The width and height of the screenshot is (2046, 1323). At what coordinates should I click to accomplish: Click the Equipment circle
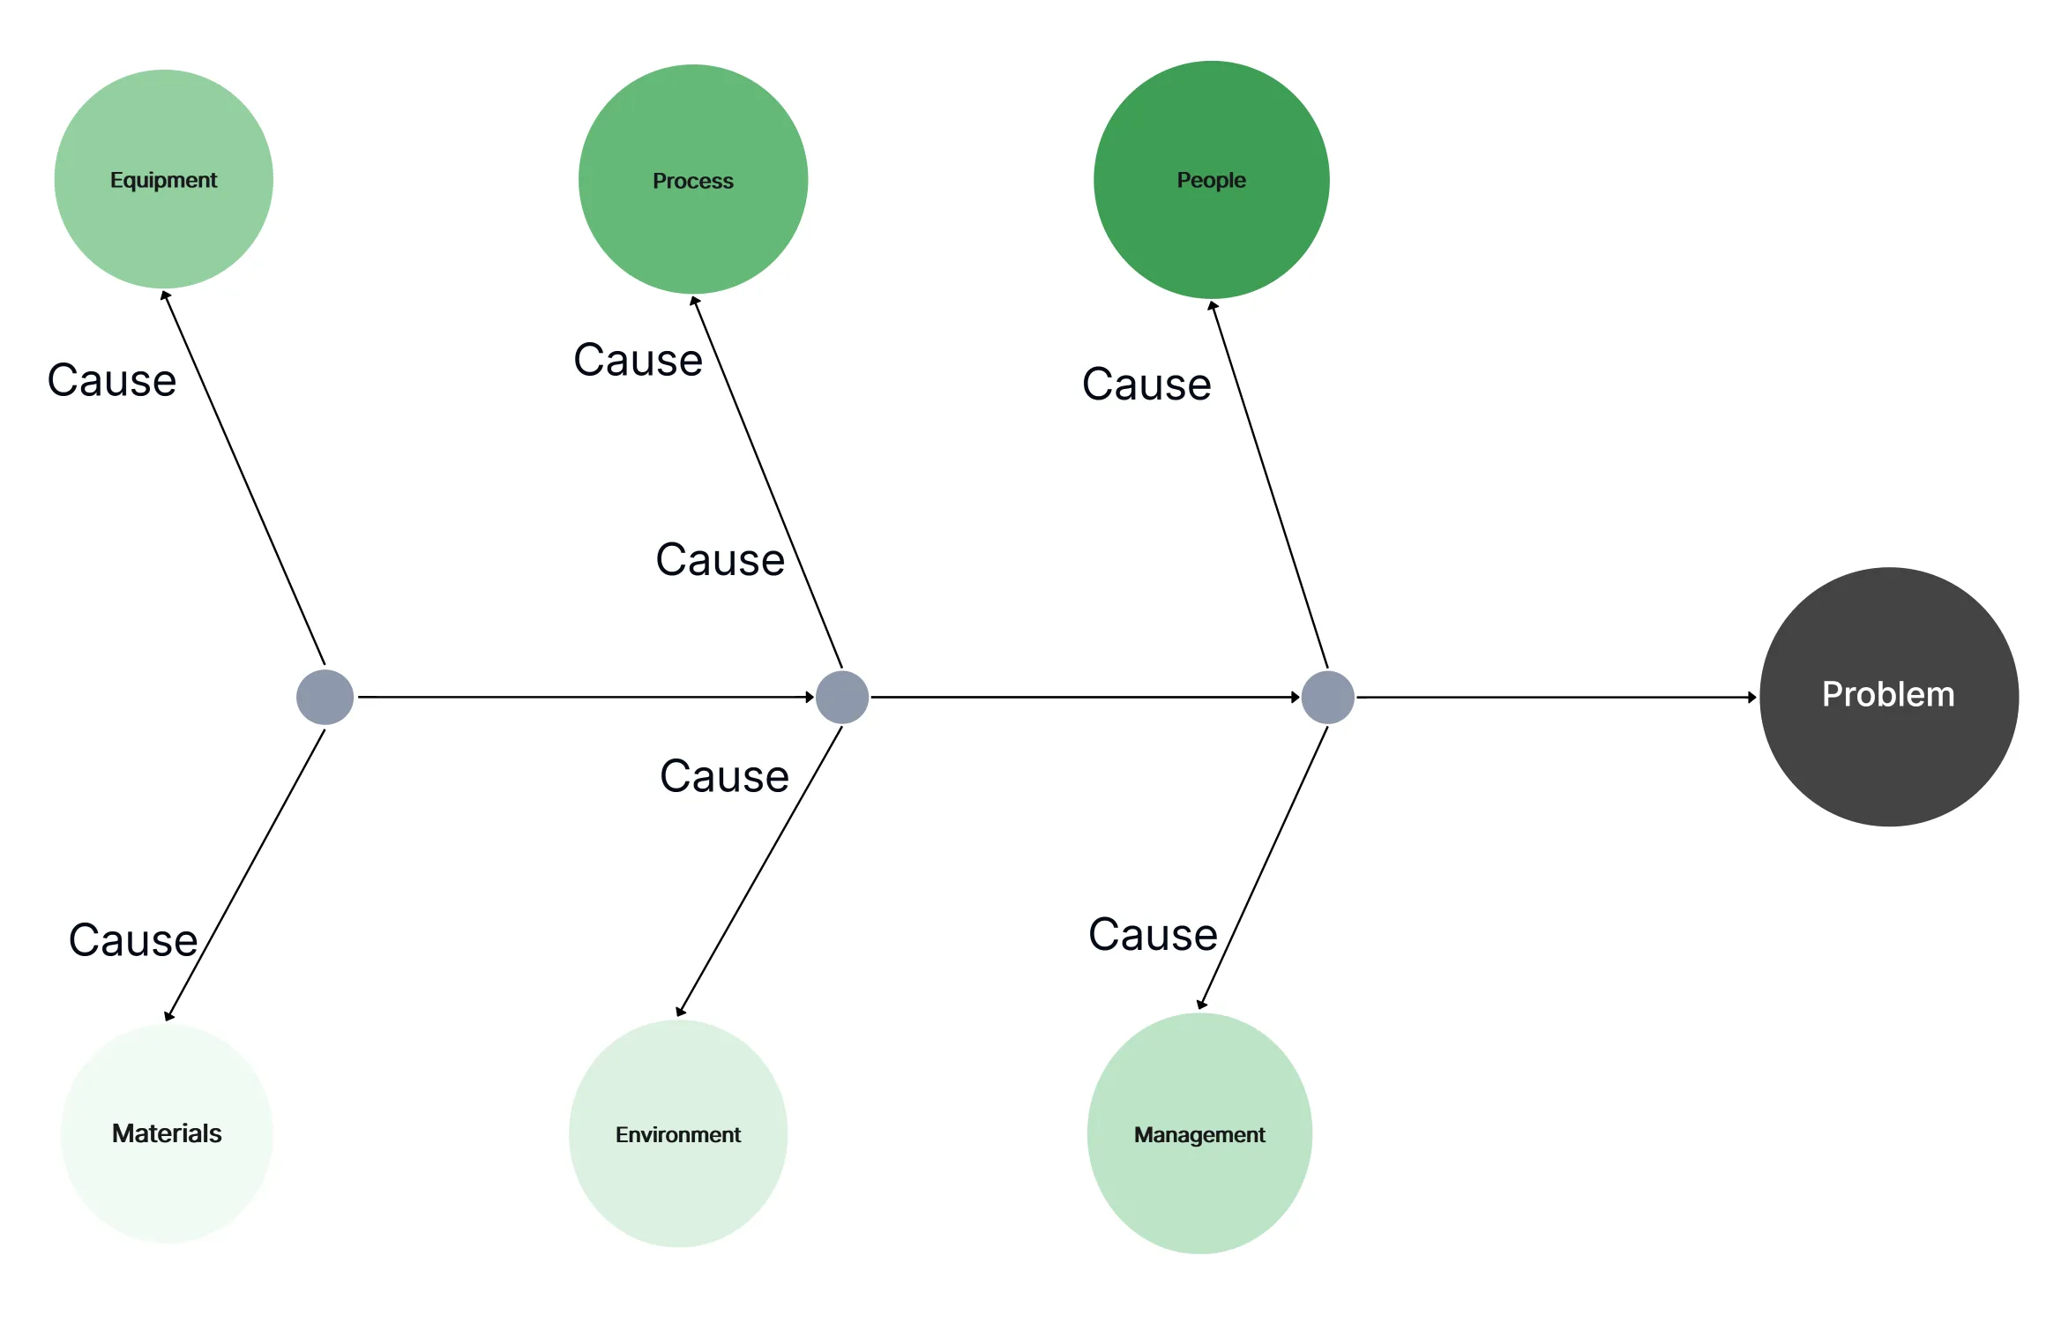(x=164, y=179)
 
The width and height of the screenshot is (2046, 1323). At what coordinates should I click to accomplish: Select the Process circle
(x=693, y=179)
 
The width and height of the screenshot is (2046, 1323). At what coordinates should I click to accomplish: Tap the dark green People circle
(x=1211, y=179)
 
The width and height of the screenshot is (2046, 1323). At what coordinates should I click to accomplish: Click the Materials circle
(x=167, y=1133)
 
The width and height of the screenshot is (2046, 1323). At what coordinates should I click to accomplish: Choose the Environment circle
(x=678, y=1134)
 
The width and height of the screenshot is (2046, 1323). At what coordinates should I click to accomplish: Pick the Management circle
(x=1199, y=1134)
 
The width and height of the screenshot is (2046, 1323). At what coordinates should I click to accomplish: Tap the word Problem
(x=1888, y=695)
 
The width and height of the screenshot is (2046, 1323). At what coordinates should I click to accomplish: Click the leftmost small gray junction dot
(x=325, y=697)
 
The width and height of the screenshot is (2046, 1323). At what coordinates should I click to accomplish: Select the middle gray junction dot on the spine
(x=842, y=697)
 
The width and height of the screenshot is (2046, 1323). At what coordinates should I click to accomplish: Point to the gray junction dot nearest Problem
(x=1328, y=697)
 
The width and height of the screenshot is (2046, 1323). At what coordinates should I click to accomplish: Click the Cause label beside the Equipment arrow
(x=112, y=381)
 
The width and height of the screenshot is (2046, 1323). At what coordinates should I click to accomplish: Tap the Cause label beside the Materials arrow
(x=133, y=940)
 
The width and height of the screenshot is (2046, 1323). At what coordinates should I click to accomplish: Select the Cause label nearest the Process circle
(x=638, y=360)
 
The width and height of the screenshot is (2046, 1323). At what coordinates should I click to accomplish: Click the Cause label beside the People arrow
(x=1146, y=385)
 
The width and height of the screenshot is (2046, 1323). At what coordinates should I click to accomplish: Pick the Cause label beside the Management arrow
(x=1153, y=935)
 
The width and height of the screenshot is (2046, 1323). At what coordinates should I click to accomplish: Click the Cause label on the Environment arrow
(x=724, y=777)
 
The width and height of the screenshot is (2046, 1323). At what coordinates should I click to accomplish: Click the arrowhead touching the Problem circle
(x=1751, y=697)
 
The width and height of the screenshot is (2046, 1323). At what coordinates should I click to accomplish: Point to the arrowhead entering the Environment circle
(x=681, y=1011)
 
